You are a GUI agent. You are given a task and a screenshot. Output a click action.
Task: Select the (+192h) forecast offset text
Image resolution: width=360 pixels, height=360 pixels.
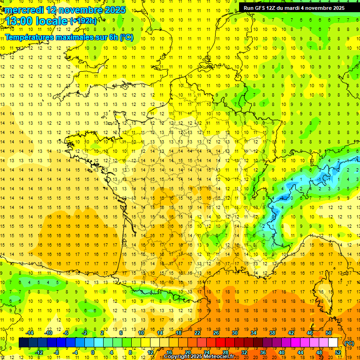pyautogui.click(x=83, y=21)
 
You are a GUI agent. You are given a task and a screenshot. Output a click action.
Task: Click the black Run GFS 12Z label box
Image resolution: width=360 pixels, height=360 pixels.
pyautogui.click(x=294, y=8)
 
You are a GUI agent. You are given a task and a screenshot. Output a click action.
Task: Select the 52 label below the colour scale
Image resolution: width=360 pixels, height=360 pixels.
pyautogui.click(x=337, y=352)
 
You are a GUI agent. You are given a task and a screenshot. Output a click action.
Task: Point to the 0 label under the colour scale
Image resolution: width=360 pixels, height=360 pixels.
pyautogui.click(x=93, y=352)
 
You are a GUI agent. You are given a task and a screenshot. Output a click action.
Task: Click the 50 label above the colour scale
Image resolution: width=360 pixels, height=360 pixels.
pyautogui.click(x=328, y=333)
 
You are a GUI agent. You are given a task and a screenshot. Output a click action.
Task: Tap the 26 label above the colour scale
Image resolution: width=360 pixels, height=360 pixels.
pyautogui.click(x=216, y=333)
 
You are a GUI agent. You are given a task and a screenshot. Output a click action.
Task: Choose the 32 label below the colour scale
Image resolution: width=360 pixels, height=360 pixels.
pyautogui.click(x=244, y=352)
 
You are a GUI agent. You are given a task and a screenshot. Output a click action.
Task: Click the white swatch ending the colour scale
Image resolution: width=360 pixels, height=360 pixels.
pyautogui.click(x=333, y=343)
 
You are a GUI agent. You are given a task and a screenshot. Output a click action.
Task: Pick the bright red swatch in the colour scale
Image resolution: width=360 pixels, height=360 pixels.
pyautogui.click(x=220, y=343)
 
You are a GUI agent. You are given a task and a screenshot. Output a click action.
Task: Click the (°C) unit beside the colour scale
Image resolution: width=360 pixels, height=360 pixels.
pyautogui.click(x=348, y=343)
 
